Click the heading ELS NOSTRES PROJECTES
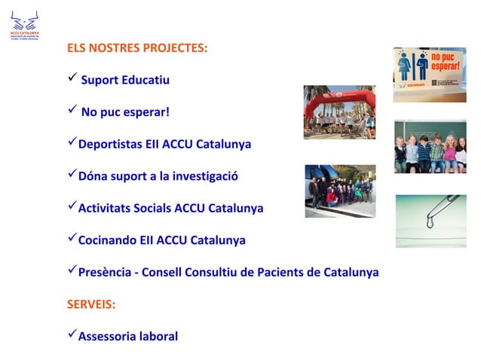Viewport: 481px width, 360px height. (137, 47)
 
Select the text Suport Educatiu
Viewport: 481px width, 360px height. (125, 80)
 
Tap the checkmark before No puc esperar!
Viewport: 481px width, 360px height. (72, 111)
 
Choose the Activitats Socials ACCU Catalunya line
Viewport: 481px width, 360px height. (170, 208)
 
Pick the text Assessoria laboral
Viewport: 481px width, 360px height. (128, 336)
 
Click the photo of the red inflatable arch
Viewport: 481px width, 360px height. (339, 112)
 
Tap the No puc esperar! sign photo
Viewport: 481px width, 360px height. (430, 75)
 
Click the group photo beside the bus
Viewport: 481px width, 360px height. (340, 191)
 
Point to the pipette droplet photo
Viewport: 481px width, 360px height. (430, 221)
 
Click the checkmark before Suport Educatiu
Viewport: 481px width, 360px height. (72, 79)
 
